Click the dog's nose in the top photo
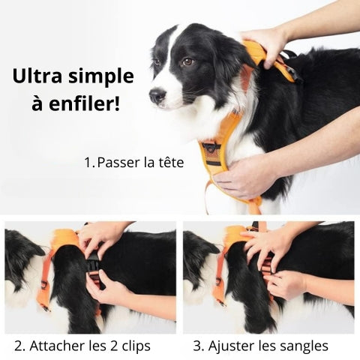click(x=157, y=95)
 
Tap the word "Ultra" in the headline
click(x=37, y=76)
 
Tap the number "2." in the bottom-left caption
click(x=19, y=346)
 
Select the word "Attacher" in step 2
click(x=57, y=346)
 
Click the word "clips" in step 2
click(x=136, y=346)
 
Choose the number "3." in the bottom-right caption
click(x=199, y=346)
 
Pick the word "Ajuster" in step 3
click(x=230, y=346)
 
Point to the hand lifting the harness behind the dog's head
click(x=264, y=46)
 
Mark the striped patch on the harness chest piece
click(x=211, y=154)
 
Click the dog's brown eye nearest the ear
click(x=187, y=61)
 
